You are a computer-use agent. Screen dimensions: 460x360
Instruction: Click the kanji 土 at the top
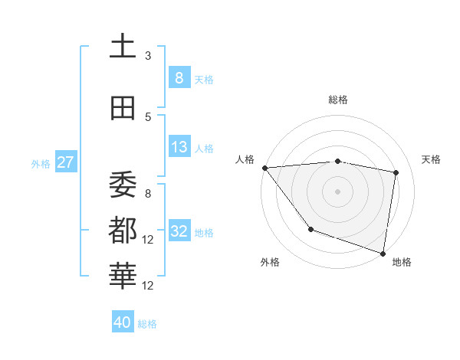tap(123, 46)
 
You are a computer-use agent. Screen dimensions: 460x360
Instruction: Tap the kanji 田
tap(123, 109)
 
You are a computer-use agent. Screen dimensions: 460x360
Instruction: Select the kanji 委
tap(123, 184)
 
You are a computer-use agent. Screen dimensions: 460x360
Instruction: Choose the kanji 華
tap(123, 274)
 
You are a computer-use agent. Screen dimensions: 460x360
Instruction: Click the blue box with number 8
tap(179, 78)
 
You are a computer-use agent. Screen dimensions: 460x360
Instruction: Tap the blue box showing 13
tap(179, 147)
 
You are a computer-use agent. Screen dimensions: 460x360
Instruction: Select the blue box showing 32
tap(179, 231)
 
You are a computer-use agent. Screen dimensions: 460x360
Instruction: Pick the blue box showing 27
tap(65, 162)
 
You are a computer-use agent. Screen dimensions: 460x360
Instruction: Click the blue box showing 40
tap(123, 322)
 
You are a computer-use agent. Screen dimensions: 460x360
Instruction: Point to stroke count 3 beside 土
tap(148, 56)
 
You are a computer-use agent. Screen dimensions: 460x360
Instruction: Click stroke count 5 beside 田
tap(148, 117)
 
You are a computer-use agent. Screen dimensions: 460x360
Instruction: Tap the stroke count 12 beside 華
tap(149, 286)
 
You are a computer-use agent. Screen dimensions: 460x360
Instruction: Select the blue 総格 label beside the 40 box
tap(147, 324)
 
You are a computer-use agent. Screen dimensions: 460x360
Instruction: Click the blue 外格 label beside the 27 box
tap(41, 164)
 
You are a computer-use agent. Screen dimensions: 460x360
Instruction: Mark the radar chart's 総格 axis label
tap(338, 100)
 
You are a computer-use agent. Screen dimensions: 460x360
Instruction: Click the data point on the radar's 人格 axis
tap(264, 168)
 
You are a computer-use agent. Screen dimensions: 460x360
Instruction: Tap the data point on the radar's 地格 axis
tap(383, 252)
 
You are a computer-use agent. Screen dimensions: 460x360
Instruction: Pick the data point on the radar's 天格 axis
tap(396, 172)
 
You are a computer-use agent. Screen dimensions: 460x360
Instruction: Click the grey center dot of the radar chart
tap(338, 191)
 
